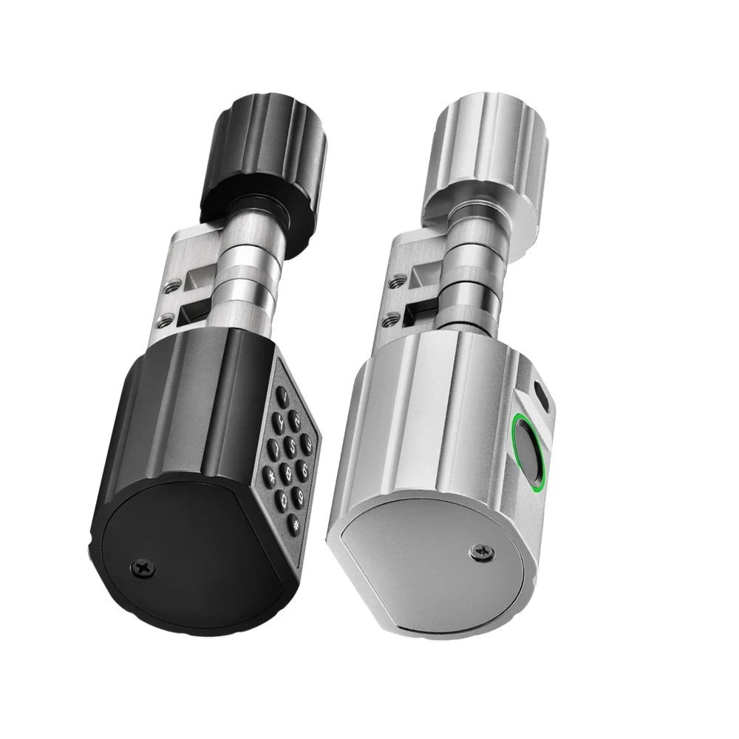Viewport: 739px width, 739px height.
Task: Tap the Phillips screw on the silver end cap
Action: (482, 551)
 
